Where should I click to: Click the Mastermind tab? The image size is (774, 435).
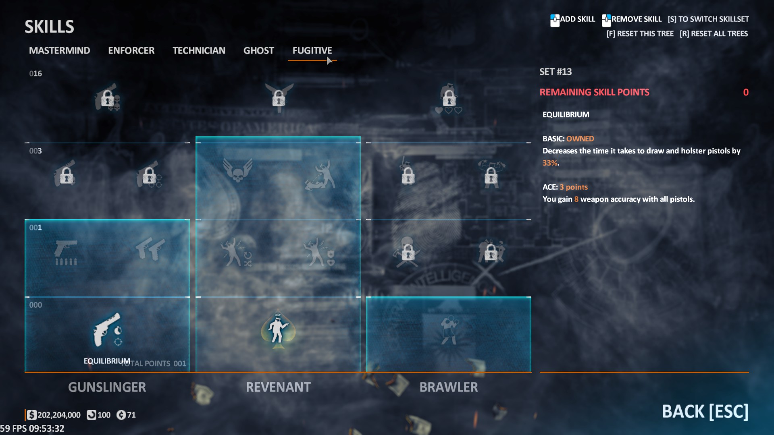click(59, 50)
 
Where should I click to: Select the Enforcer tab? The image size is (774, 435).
click(131, 50)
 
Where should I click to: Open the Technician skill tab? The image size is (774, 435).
click(199, 50)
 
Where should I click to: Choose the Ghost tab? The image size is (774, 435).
click(258, 50)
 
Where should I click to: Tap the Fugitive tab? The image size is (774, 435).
click(312, 50)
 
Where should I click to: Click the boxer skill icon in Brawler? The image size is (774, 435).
click(448, 330)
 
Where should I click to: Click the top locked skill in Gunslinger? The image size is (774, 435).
click(107, 98)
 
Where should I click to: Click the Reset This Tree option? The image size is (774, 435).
click(640, 33)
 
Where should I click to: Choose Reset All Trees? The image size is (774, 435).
click(714, 33)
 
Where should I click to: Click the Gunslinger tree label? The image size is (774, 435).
click(107, 387)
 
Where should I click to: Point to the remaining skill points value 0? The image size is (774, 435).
click(745, 92)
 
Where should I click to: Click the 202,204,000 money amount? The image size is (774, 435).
click(59, 415)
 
